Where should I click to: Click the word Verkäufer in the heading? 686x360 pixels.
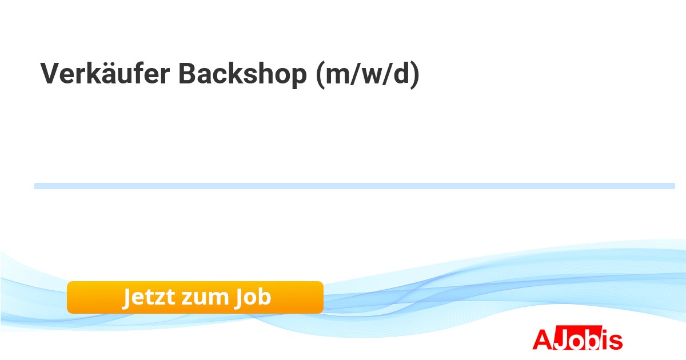coord(105,73)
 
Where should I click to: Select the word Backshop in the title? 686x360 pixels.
coord(242,74)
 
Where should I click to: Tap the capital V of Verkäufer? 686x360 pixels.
coord(50,73)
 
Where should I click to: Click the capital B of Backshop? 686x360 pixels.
coord(188,73)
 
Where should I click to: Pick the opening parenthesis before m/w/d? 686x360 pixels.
coord(320,75)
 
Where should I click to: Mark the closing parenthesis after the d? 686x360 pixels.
coord(415,75)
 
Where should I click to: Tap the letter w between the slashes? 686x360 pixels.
coord(371,76)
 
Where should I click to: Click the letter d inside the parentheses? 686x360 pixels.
coord(401,73)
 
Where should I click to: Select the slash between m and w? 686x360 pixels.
coord(355,74)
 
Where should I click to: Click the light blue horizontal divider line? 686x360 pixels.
coord(354,186)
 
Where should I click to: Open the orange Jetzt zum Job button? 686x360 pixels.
coord(195,298)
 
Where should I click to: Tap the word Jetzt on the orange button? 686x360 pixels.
coord(149,297)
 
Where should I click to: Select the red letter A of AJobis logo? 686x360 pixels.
coord(543,339)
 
